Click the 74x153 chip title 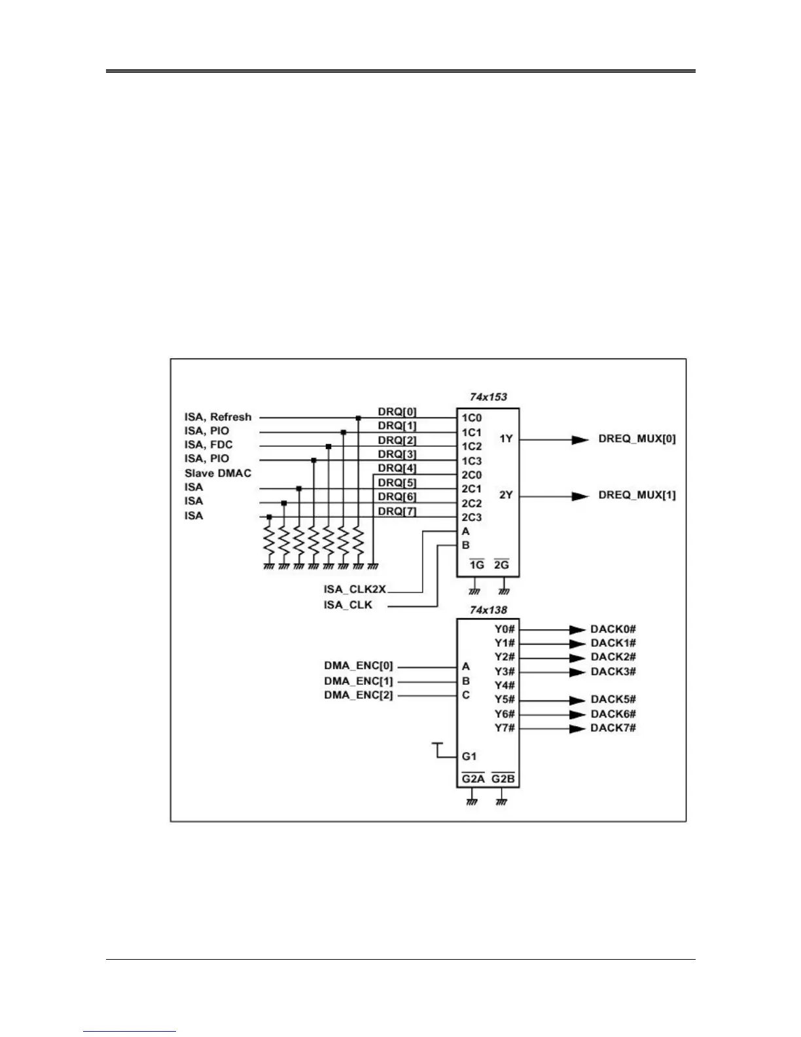(x=488, y=397)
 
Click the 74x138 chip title (x=488, y=610)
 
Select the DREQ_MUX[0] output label (x=637, y=439)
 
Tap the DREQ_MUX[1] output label (x=637, y=495)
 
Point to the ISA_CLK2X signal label (x=355, y=590)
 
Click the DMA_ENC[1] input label (x=359, y=681)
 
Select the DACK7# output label (x=613, y=728)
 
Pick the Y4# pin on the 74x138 (x=505, y=685)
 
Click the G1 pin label (x=469, y=756)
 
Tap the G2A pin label (x=472, y=779)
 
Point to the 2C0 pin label (x=472, y=475)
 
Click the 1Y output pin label (x=506, y=439)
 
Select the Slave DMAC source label (x=218, y=473)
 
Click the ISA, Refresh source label (x=218, y=417)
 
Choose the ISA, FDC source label (x=209, y=445)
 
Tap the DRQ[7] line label (x=397, y=511)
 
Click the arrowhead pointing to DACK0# (x=577, y=630)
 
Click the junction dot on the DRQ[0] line (x=358, y=418)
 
